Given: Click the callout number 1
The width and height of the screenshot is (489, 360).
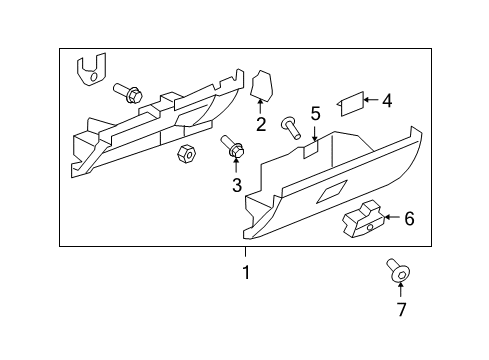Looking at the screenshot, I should pyautogui.click(x=245, y=272).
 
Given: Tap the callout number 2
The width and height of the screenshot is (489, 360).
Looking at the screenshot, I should pyautogui.click(x=261, y=125).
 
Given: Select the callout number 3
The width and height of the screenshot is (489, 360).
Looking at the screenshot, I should pyautogui.click(x=237, y=185).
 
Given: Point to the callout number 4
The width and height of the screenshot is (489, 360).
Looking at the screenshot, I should pyautogui.click(x=387, y=100).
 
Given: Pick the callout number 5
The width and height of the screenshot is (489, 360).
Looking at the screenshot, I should pyautogui.click(x=315, y=114).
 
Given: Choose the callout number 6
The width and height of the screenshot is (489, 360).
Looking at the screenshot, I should pyautogui.click(x=409, y=218).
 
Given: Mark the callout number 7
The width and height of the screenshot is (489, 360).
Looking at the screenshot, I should pyautogui.click(x=401, y=309).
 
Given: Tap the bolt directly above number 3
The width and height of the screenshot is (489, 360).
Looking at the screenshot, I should pyautogui.click(x=235, y=148).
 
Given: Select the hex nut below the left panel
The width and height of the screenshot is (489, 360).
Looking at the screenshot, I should pyautogui.click(x=185, y=154).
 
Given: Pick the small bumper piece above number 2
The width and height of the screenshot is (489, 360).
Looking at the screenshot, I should pyautogui.click(x=263, y=86).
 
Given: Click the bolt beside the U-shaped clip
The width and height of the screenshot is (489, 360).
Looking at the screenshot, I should pyautogui.click(x=130, y=92).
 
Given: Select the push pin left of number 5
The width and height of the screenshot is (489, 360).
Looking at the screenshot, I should pyautogui.click(x=291, y=126).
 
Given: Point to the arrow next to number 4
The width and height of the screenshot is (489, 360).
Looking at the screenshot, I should pyautogui.click(x=370, y=99).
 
